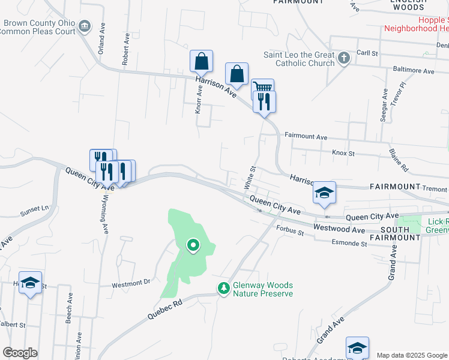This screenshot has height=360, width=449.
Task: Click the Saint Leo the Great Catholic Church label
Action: coord(299,59)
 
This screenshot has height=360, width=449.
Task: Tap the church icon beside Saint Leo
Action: coord(344,58)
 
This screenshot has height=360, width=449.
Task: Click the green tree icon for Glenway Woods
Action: coord(224,289)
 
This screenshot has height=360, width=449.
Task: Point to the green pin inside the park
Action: coord(193,245)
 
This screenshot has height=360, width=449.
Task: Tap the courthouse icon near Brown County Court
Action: coord(85,26)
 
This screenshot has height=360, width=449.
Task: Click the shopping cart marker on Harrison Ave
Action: coord(263,88)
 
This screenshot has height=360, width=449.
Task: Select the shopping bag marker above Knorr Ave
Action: coord(201,61)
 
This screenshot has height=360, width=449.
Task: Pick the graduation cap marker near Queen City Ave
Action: coord(324,192)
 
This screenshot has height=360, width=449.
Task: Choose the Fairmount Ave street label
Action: coord(306,137)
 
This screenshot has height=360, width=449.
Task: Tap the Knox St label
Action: coord(343,153)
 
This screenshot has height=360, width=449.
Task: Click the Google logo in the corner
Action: coord(20,353)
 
